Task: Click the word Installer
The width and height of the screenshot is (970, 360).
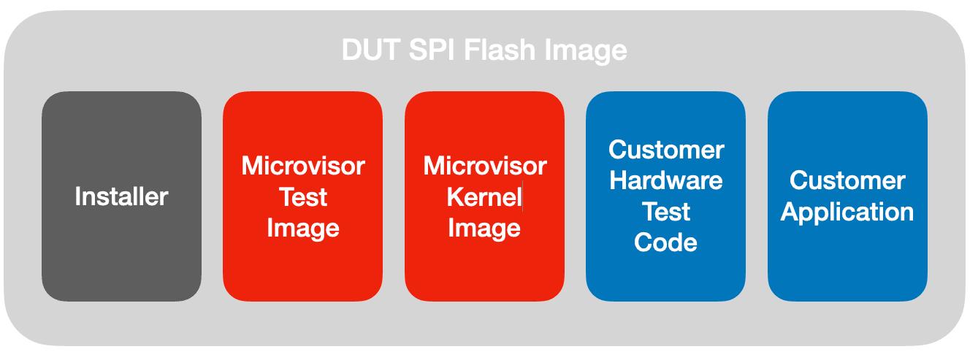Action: click(x=121, y=196)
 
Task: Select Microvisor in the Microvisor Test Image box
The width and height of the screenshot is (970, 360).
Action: click(x=302, y=166)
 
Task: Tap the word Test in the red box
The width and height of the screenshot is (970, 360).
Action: click(x=302, y=197)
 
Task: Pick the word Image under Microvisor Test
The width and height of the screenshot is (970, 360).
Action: click(x=302, y=229)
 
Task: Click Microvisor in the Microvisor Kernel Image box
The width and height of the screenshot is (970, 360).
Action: click(x=484, y=166)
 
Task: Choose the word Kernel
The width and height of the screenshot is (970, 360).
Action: click(x=483, y=197)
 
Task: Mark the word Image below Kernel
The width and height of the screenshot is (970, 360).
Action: click(x=484, y=229)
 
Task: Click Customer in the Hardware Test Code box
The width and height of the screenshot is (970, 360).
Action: click(x=666, y=150)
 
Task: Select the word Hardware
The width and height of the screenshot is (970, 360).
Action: click(x=666, y=180)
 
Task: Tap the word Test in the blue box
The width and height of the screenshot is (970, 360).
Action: click(x=666, y=212)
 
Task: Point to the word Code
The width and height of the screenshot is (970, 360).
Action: click(x=666, y=242)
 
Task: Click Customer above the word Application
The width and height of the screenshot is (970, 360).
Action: click(x=847, y=180)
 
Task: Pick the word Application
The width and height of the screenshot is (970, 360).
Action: click(x=847, y=212)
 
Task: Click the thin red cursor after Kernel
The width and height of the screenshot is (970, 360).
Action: click(x=523, y=197)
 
